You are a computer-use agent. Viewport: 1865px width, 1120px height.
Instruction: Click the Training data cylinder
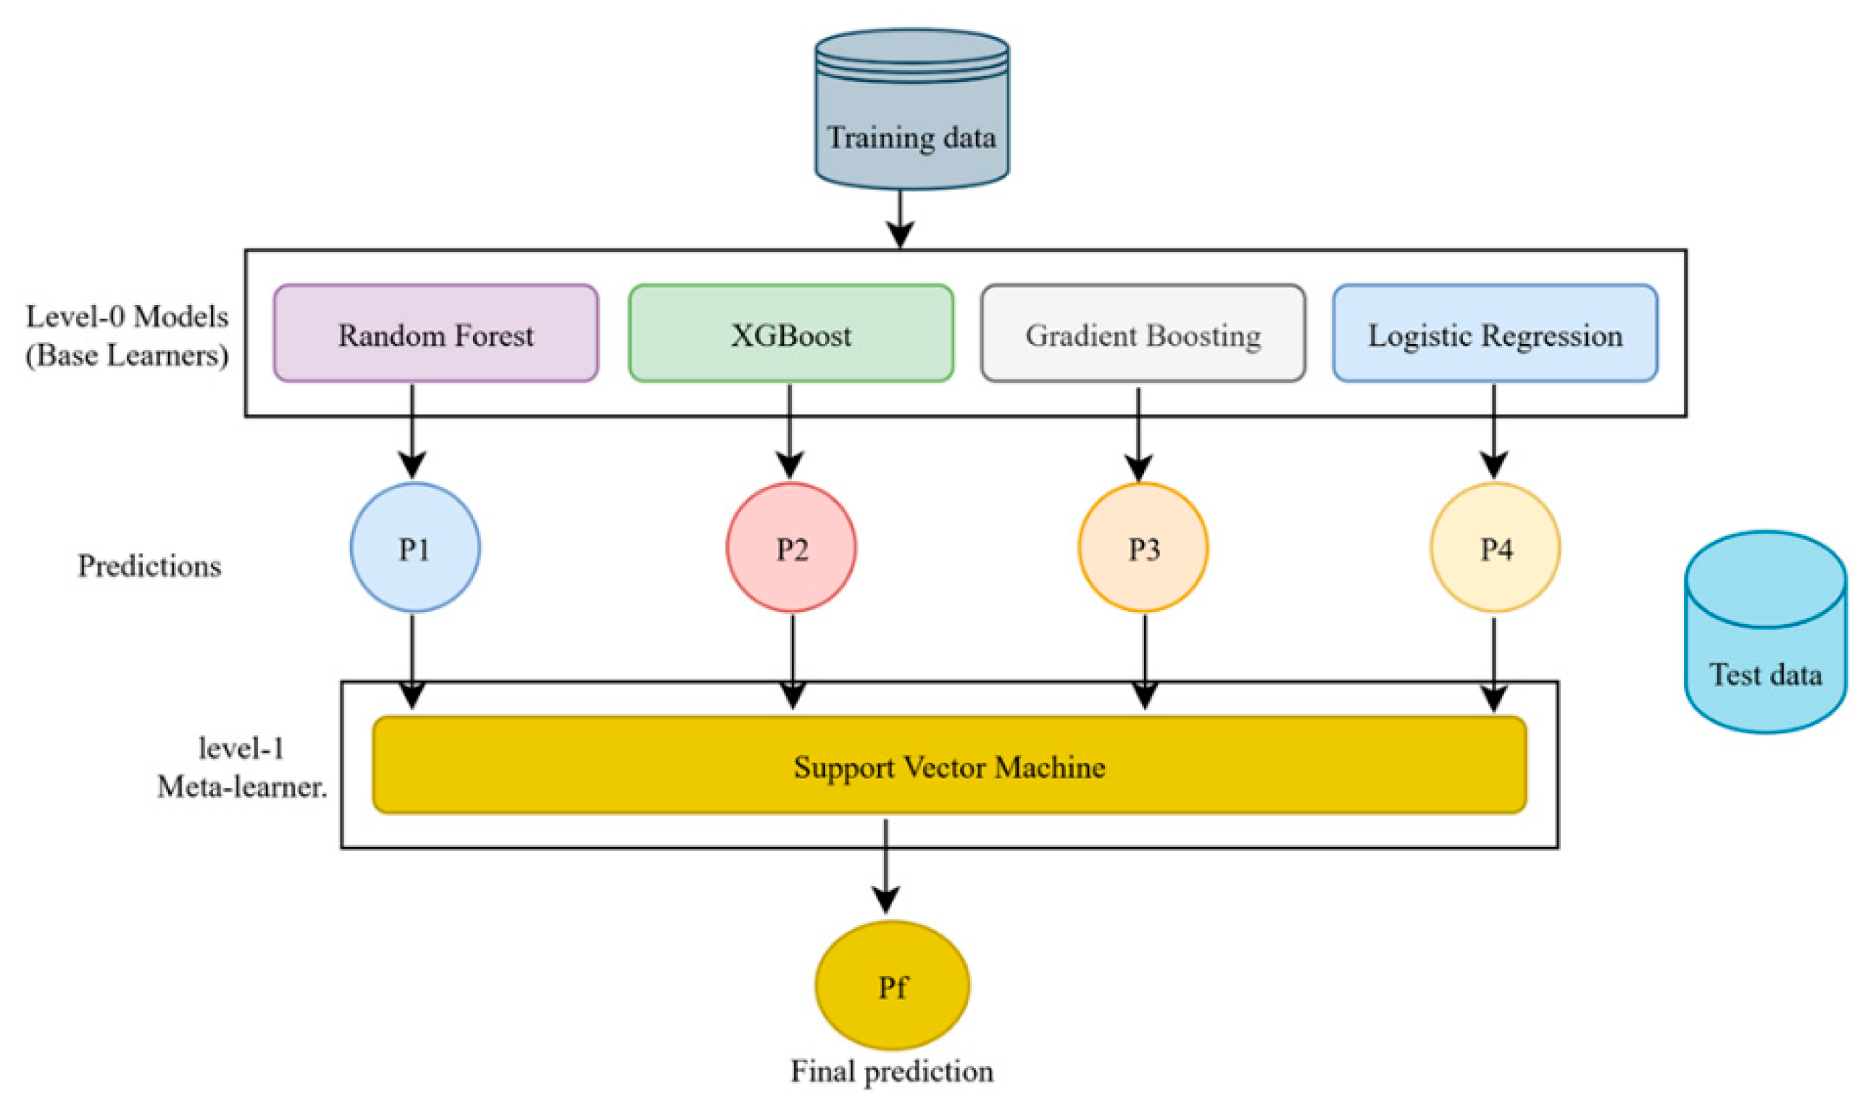click(x=911, y=109)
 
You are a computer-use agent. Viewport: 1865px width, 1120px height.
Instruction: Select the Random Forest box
click(x=435, y=333)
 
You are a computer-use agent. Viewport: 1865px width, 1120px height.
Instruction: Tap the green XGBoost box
click(x=790, y=333)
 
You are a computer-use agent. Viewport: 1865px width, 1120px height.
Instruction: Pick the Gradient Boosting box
click(x=1143, y=333)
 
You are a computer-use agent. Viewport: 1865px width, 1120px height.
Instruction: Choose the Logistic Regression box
click(x=1495, y=333)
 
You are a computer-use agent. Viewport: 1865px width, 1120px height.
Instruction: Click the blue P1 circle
click(x=414, y=547)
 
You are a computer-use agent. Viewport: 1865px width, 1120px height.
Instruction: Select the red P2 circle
click(x=791, y=547)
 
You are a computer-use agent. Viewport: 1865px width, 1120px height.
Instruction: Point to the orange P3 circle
click(x=1143, y=547)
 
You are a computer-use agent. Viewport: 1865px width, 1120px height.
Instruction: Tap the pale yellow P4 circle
click(x=1495, y=547)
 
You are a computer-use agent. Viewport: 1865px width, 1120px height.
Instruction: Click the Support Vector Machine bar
click(x=948, y=765)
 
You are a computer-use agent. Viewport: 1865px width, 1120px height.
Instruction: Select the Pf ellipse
click(x=892, y=985)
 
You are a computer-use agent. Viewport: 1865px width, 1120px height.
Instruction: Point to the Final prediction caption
click(x=891, y=1071)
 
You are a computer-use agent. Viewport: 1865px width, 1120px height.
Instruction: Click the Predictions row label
click(x=149, y=566)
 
